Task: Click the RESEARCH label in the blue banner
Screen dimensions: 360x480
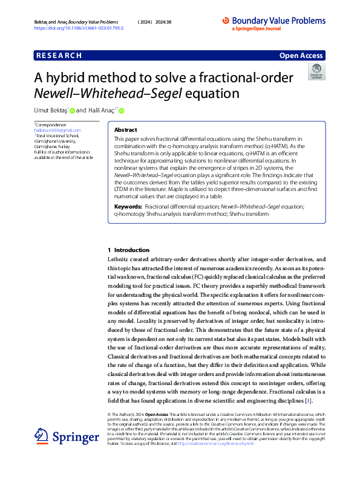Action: pos(59,56)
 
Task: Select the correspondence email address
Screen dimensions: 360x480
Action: pos(57,130)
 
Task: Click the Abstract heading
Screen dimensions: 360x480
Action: pos(126,130)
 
